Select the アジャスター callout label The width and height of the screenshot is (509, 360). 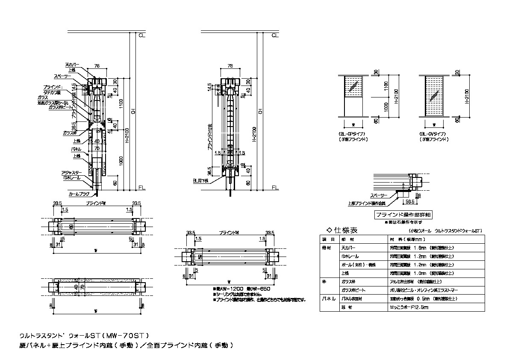click(71, 172)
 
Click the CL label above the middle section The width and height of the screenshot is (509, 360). click(275, 35)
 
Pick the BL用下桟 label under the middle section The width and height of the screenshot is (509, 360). click(200, 181)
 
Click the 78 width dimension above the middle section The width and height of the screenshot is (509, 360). click(231, 66)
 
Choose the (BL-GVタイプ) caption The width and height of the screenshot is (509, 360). click(432, 134)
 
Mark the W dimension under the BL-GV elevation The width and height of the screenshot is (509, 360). click(434, 125)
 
